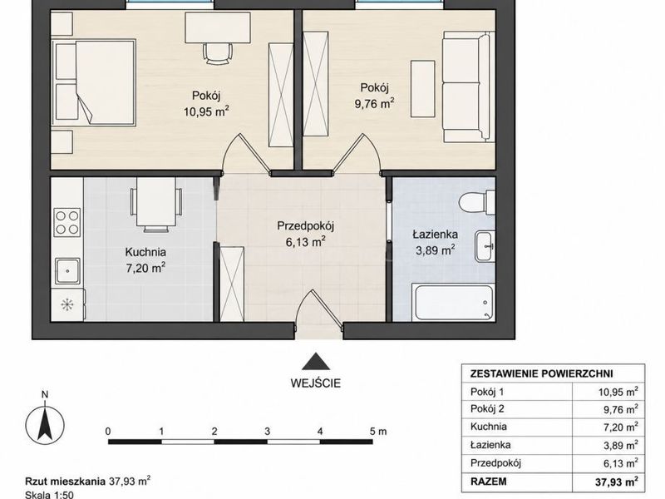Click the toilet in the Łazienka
pos(478,203)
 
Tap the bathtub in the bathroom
pos(453,303)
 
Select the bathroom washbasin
pos(485,246)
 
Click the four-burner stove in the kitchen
pos(67,222)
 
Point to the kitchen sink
pos(67,271)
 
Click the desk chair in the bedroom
pos(219,53)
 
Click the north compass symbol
pos(45,421)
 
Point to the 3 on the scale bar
pos(267,432)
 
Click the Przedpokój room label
pos(305,225)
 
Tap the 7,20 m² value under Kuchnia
pos(145,268)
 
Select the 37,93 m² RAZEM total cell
pos(617,482)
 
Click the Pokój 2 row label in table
pos(487,408)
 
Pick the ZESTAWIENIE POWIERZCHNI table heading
pos(542,373)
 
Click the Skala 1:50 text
pos(49,495)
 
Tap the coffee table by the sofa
pos(423,89)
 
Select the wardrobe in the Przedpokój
pos(232,284)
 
